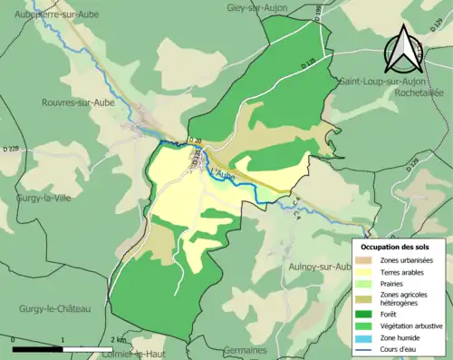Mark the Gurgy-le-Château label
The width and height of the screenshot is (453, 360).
[55, 309]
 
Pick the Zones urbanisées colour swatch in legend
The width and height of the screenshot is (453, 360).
[367, 261]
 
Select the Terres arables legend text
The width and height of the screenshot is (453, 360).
[405, 271]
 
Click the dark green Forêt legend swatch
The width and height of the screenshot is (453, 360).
[367, 310]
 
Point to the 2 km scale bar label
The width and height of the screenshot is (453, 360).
[117, 338]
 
